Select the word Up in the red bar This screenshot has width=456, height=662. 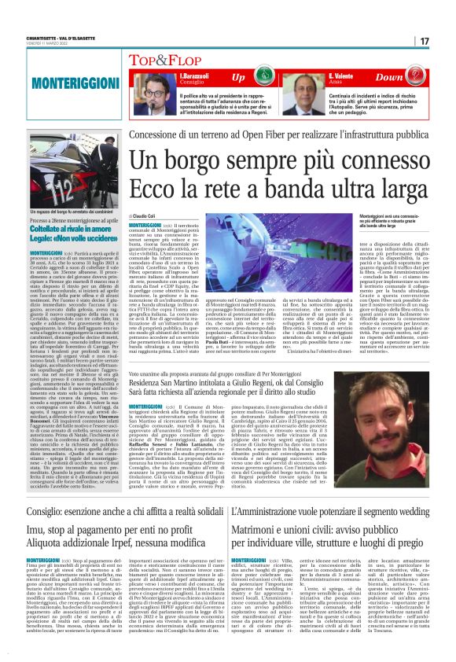[237, 78]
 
